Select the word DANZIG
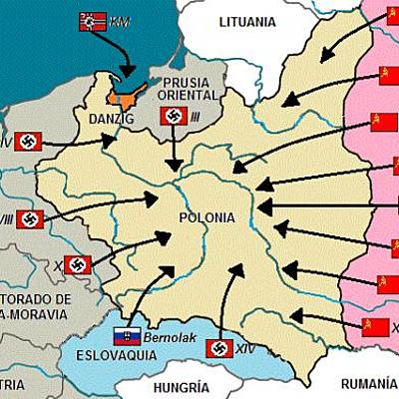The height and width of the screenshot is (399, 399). coord(93,120)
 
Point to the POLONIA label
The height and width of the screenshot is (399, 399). coord(206,217)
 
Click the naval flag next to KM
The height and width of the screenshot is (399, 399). coord(92,22)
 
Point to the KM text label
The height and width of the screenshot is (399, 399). coord(120,22)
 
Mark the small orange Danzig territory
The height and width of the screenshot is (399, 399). coord(125,97)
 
